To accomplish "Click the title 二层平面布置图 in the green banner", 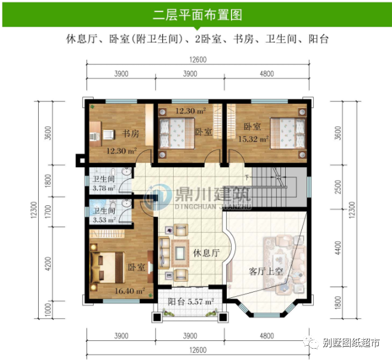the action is [197, 15].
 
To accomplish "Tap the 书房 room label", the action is [131, 133].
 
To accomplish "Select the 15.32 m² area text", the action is [253, 139].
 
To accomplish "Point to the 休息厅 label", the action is [206, 253].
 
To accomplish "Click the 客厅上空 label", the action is [266, 271].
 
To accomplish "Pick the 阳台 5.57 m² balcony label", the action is [190, 301].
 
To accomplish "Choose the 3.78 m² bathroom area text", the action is [104, 188].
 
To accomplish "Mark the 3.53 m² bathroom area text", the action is [104, 220].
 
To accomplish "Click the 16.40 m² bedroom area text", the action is [129, 291].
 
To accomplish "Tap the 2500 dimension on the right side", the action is [338, 187].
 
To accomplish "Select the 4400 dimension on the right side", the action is [338, 248].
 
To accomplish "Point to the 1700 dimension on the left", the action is [48, 212].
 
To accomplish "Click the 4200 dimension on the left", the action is [48, 263].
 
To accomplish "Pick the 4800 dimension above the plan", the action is [267, 74].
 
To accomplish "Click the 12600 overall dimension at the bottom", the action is [197, 350].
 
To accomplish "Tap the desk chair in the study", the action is [109, 134].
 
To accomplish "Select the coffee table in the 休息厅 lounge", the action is [180, 253].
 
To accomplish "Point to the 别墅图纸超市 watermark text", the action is [351, 343].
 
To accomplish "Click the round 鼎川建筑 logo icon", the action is [158, 197].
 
